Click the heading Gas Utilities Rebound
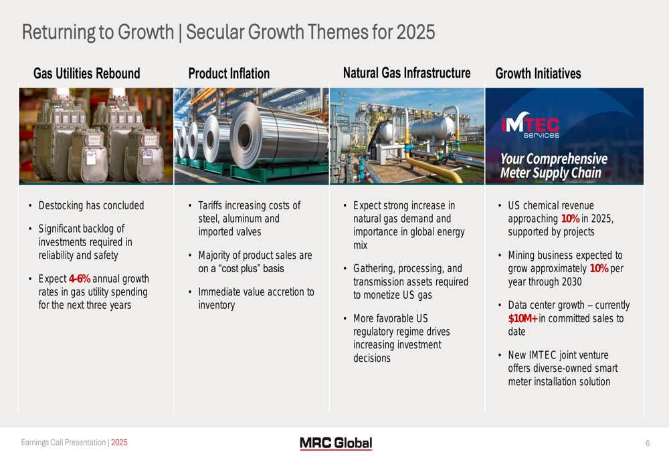pyautogui.click(x=86, y=74)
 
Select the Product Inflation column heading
pyautogui.click(x=229, y=74)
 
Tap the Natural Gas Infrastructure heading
pyautogui.click(x=407, y=73)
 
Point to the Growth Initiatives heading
pyautogui.click(x=538, y=74)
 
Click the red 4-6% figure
pyautogui.click(x=80, y=279)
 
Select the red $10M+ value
pyautogui.click(x=522, y=318)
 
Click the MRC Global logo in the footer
pyautogui.click(x=336, y=443)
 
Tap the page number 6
pyautogui.click(x=648, y=443)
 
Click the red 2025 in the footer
pyautogui.click(x=119, y=443)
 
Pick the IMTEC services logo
pyautogui.click(x=531, y=126)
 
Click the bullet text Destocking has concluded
pyautogui.click(x=91, y=205)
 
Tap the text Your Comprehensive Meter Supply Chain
pyautogui.click(x=554, y=165)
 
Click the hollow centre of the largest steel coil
pyautogui.click(x=244, y=136)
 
